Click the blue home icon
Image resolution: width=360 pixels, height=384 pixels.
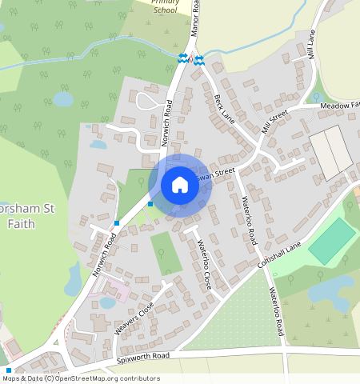tap(180, 185)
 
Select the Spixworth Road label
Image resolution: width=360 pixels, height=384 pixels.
tap(143, 357)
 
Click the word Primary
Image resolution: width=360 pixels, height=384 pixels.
tap(166, 2)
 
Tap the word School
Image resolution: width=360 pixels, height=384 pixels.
tap(166, 10)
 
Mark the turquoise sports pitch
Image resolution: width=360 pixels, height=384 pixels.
tap(332, 241)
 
